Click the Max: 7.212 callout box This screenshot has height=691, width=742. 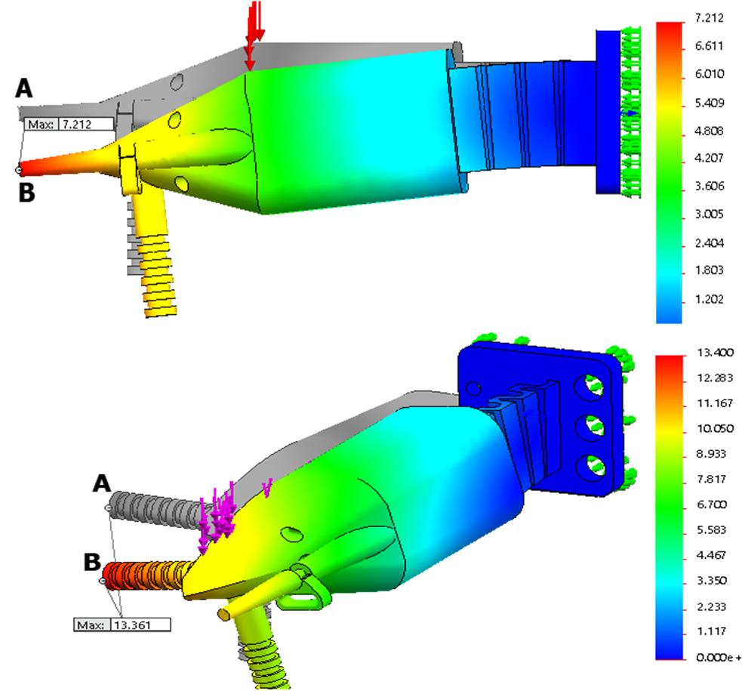coord(69,124)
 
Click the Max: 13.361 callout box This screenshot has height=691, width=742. coord(122,625)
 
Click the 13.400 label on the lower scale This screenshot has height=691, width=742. coord(715,352)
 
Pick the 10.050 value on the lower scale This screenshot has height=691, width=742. coord(715,428)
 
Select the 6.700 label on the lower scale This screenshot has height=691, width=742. coord(711,504)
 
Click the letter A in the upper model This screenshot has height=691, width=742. coord(24,88)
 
